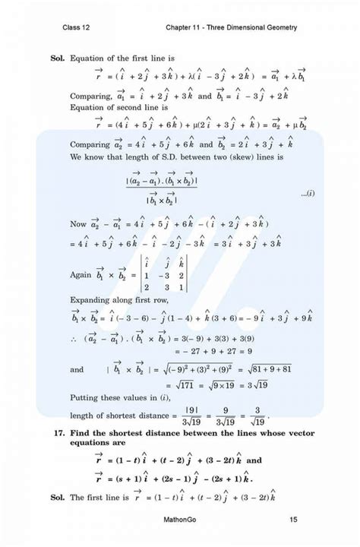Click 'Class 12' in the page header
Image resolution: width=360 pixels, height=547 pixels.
coord(78,28)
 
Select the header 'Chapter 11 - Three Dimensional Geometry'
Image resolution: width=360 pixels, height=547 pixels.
coord(231,28)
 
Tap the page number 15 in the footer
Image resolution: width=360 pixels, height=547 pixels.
coord(292,520)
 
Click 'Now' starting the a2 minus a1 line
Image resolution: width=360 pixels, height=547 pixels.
coord(78,225)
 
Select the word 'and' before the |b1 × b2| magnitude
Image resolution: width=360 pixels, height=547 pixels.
coord(77,369)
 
